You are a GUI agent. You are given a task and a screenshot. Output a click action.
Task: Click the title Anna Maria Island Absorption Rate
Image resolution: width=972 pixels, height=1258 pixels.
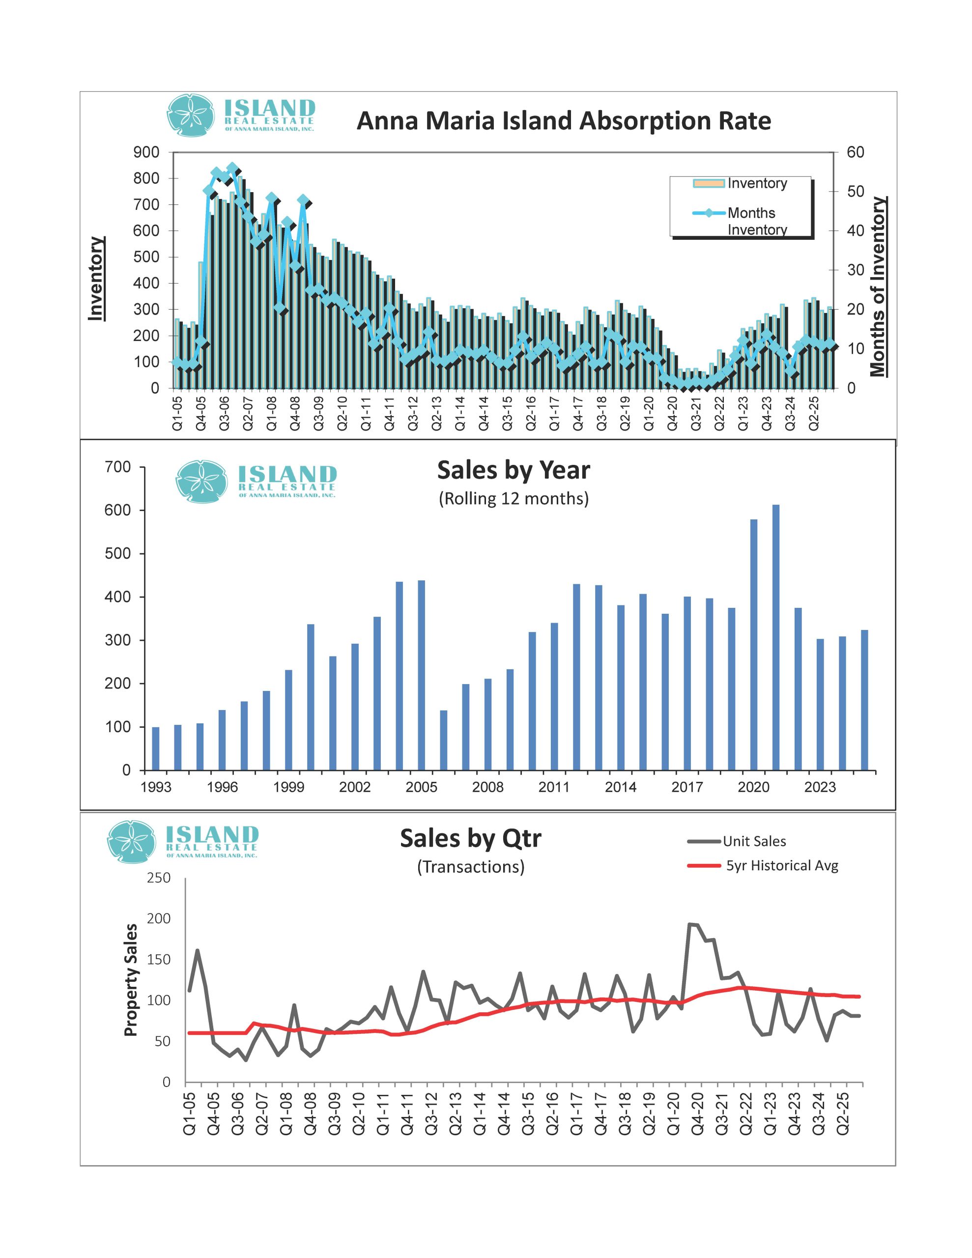(564, 121)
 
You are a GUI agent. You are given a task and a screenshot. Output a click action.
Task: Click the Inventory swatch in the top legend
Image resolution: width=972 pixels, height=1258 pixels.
(708, 183)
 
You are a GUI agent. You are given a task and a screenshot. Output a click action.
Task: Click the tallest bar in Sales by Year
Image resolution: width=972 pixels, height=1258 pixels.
(775, 636)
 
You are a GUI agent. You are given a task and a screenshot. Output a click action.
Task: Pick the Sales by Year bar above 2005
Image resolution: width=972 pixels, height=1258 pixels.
(421, 675)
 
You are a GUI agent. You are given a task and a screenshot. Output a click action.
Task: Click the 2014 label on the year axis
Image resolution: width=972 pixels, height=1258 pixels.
(621, 787)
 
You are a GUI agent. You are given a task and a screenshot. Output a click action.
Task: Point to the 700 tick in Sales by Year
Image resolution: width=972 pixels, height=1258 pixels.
(117, 467)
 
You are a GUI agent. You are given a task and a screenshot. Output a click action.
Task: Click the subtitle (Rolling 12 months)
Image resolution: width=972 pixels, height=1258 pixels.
(514, 499)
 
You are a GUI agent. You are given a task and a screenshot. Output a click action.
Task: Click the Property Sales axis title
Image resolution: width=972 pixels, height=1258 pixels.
(131, 980)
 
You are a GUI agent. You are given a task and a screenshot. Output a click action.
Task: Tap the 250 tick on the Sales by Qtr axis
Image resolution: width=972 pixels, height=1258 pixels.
(158, 878)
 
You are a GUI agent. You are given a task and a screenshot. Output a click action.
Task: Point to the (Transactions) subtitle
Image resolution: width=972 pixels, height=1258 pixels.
(471, 867)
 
